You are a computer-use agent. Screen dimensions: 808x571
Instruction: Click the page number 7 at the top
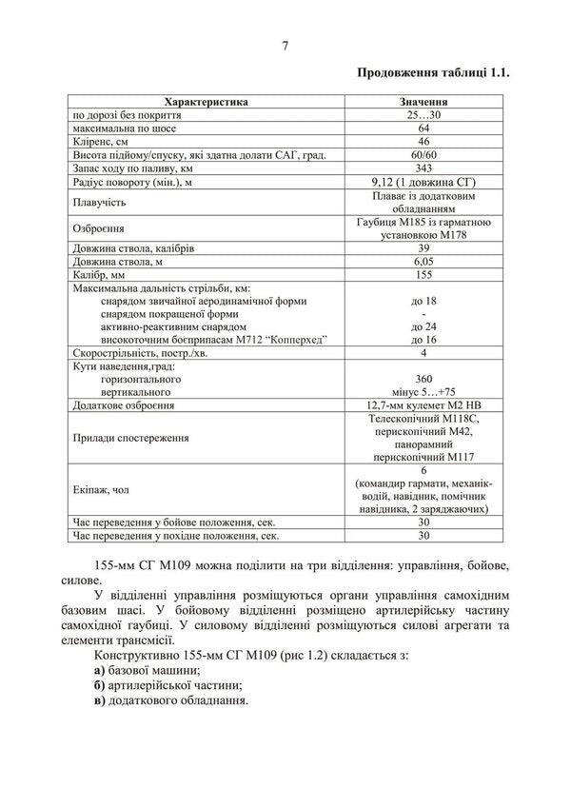coord(285,45)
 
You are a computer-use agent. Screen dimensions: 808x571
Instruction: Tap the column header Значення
coord(423,101)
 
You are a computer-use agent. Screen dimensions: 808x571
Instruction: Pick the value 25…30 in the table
coord(423,114)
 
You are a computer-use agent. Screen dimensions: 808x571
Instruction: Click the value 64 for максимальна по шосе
coord(423,128)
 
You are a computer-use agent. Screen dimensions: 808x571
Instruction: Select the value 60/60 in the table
coord(423,154)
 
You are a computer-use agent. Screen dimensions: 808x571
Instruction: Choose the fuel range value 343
coord(423,168)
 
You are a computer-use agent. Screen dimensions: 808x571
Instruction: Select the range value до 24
coord(423,326)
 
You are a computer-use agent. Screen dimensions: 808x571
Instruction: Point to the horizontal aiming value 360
coord(423,379)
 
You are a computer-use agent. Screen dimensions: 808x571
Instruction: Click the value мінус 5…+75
coord(423,392)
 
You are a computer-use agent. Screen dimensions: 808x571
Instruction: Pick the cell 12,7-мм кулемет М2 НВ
coord(423,405)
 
